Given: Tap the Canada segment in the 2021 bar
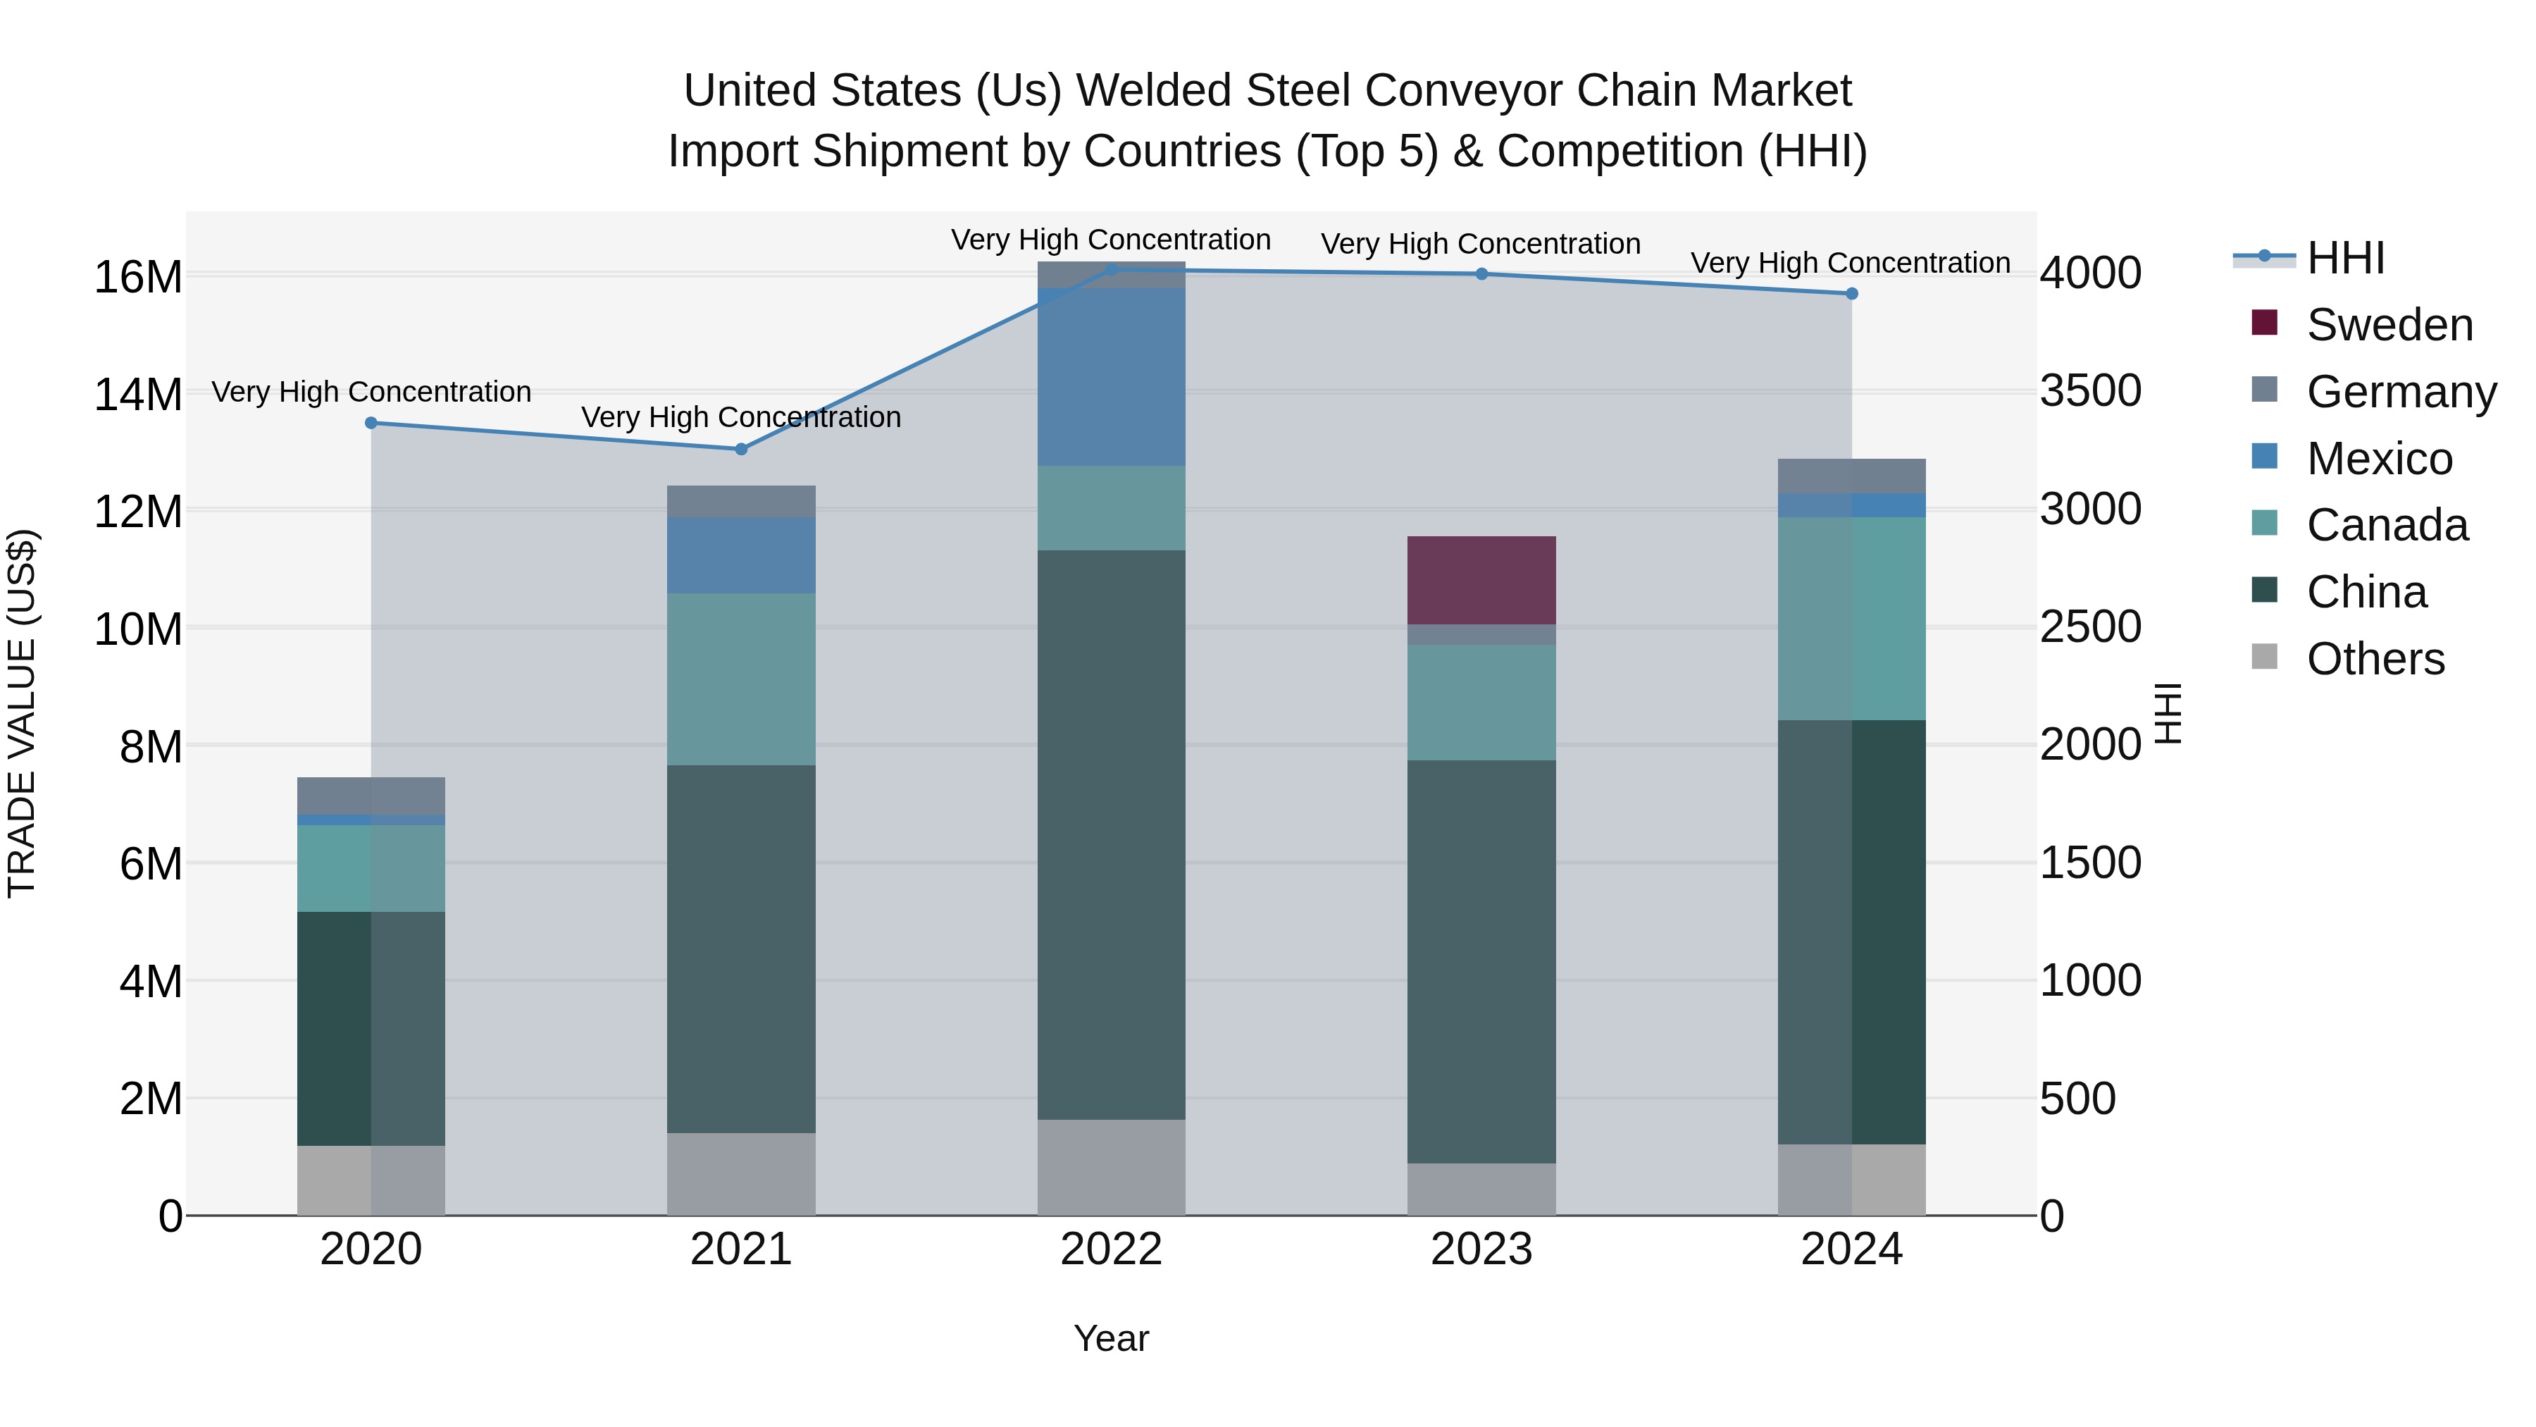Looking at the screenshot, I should (x=740, y=679).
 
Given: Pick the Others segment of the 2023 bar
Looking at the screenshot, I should (x=1481, y=1189).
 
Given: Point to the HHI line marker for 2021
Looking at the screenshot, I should (x=741, y=449).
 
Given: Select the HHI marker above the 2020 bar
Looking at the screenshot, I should (x=371, y=424).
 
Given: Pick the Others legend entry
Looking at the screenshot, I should (x=2375, y=659).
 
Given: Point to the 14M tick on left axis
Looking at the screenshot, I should (x=138, y=395).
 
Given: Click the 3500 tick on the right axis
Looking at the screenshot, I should (x=2090, y=391).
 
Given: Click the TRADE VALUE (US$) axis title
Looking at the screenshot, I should (x=22, y=713).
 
